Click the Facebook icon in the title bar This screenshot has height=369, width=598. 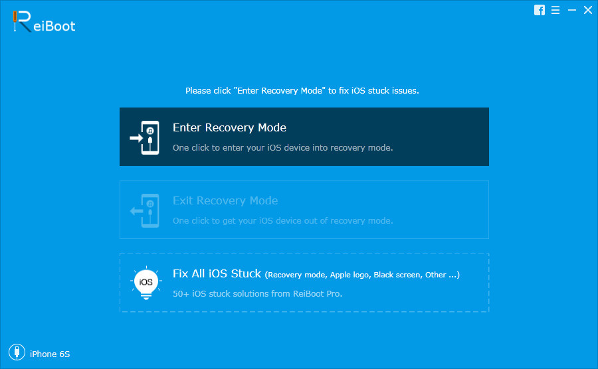click(x=540, y=10)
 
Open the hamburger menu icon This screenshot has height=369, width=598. click(x=555, y=10)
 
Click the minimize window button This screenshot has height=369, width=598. click(x=571, y=10)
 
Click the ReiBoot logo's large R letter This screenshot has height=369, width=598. click(x=22, y=21)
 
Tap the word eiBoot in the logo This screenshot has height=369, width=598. click(x=54, y=26)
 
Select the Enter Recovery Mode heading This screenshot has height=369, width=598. click(x=229, y=127)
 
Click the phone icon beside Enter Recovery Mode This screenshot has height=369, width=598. click(x=145, y=137)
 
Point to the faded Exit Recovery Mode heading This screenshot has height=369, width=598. click(x=225, y=200)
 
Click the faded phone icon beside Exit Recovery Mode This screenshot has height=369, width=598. click(x=145, y=210)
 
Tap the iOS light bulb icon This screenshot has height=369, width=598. click(x=146, y=283)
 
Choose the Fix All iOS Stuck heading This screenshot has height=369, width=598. click(x=217, y=273)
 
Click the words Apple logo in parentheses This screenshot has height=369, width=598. click(x=350, y=275)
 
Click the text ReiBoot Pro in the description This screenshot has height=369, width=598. click(x=318, y=293)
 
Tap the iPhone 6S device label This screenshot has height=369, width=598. click(x=50, y=354)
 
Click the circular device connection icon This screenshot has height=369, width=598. click(x=17, y=352)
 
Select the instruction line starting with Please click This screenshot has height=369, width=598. click(x=302, y=91)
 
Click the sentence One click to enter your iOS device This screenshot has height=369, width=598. click(x=282, y=148)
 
